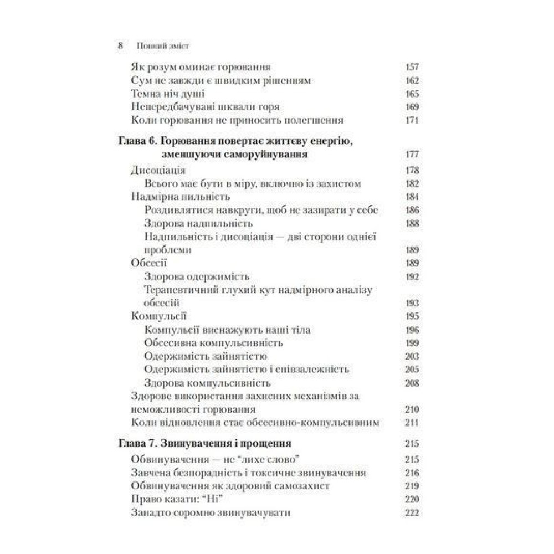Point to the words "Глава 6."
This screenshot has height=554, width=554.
tap(135, 142)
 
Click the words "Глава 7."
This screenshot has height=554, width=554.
tap(135, 444)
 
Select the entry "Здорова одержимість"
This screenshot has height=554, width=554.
tap(197, 276)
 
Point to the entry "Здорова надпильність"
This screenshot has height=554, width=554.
tap(198, 223)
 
